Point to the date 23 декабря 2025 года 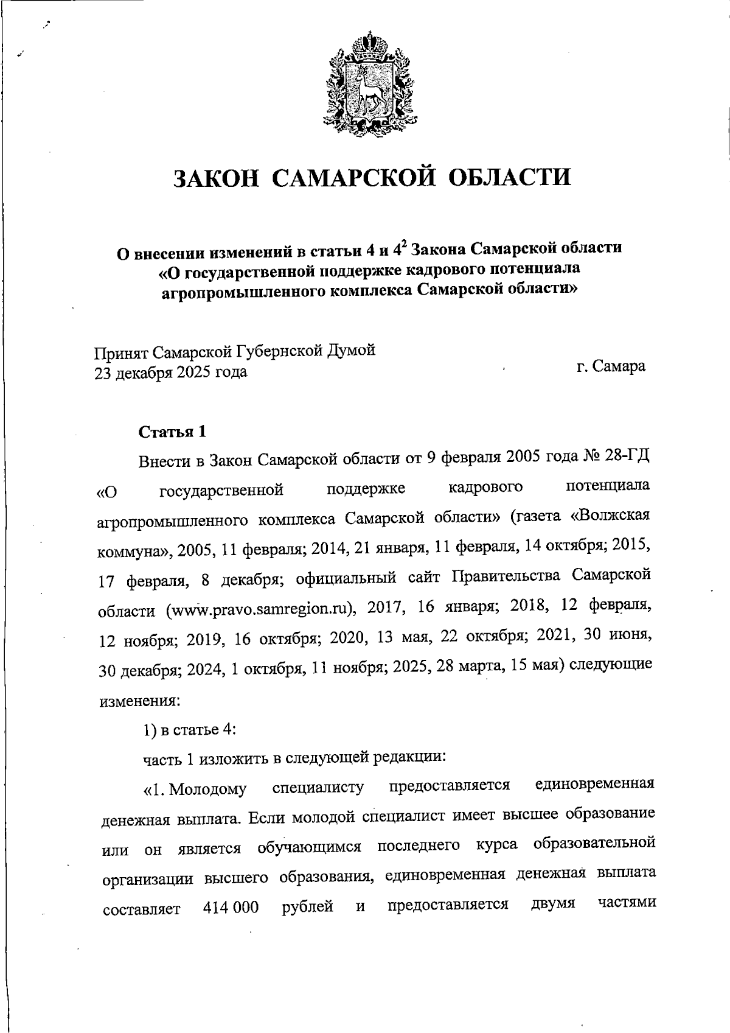pos(170,371)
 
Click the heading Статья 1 pos(172,432)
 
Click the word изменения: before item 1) pos(139,701)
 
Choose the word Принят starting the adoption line pos(120,352)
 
